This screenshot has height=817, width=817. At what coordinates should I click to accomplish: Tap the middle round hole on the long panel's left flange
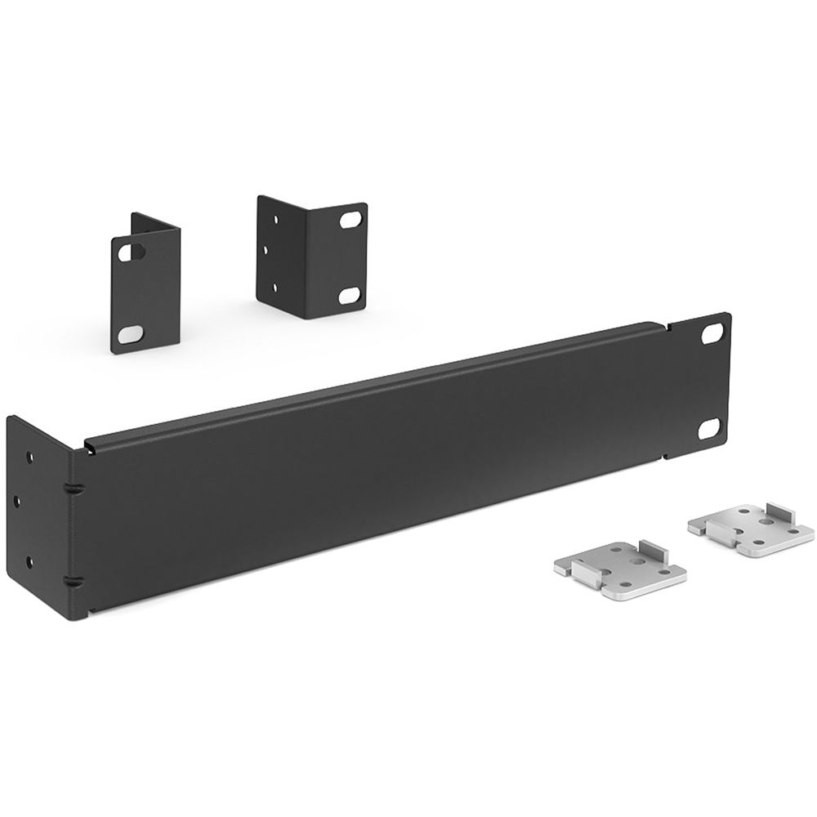click(30, 495)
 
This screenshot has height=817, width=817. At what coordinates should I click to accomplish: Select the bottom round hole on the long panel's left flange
click(30, 560)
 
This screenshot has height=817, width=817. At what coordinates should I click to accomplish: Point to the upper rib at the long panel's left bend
click(72, 488)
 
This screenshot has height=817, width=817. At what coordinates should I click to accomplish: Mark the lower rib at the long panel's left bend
click(72, 581)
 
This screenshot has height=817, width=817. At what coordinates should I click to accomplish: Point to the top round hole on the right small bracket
click(272, 219)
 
